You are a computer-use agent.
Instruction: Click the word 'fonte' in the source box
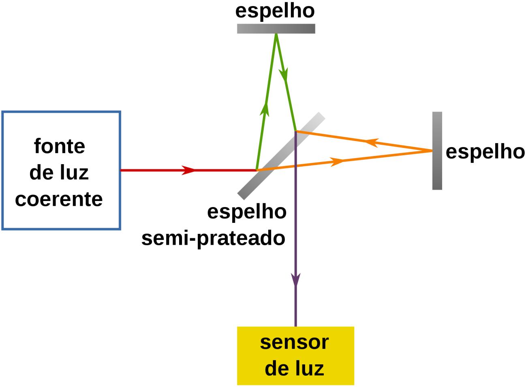(60, 146)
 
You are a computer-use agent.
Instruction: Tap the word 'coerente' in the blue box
(59, 199)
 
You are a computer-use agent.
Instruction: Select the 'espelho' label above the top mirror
(275, 11)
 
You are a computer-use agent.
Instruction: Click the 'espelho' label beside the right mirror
(485, 152)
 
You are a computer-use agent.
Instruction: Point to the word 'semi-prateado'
(213, 238)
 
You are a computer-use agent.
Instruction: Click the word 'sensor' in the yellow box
(294, 342)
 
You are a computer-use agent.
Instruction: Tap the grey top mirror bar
(276, 28)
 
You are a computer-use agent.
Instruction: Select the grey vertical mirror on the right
(437, 151)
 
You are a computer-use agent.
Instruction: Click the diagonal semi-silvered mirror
(281, 156)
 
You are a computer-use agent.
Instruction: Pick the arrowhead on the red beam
(188, 170)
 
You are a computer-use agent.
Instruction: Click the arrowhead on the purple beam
(296, 280)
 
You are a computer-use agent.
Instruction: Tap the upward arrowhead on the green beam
(266, 109)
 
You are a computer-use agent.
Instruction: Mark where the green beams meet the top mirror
(276, 34)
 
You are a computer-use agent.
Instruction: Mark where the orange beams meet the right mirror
(432, 151)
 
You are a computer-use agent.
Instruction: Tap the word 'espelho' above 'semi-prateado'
(247, 212)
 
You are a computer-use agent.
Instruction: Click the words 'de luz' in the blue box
(59, 173)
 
